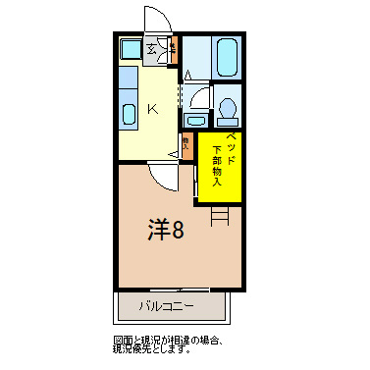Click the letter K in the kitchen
click(153, 109)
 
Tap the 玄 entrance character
click(152, 48)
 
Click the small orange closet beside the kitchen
click(185, 143)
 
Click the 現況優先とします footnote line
click(157, 349)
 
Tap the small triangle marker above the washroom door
click(187, 74)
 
